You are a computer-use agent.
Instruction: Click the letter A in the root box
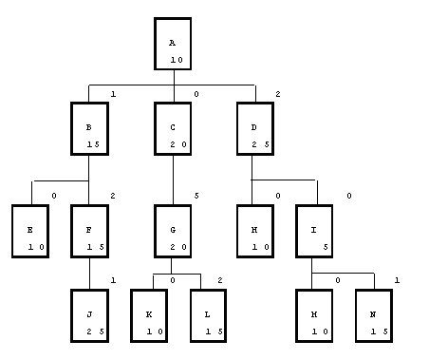click(x=172, y=43)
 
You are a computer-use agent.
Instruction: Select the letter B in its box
click(x=89, y=127)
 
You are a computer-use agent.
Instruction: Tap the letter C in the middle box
click(x=173, y=127)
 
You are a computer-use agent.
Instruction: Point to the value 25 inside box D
click(x=260, y=144)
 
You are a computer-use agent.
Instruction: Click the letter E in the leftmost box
click(x=29, y=230)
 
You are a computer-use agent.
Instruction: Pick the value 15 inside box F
click(x=96, y=247)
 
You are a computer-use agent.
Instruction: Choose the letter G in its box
click(x=173, y=230)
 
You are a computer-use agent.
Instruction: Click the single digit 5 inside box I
click(x=326, y=247)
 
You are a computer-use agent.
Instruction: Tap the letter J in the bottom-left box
click(x=89, y=314)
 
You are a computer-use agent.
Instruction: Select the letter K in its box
click(x=149, y=314)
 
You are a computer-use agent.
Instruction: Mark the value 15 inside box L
click(x=214, y=332)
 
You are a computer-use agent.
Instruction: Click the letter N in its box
click(x=373, y=314)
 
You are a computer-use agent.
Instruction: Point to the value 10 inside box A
click(x=177, y=60)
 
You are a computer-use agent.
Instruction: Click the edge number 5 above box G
click(x=196, y=196)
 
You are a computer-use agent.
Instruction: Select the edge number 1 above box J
click(x=113, y=280)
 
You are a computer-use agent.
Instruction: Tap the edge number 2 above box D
click(x=278, y=94)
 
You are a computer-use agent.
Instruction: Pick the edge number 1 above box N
click(x=397, y=280)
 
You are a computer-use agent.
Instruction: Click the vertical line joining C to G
click(x=173, y=180)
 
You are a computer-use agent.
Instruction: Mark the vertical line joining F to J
click(x=89, y=274)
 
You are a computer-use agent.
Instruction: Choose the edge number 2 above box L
click(x=220, y=280)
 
